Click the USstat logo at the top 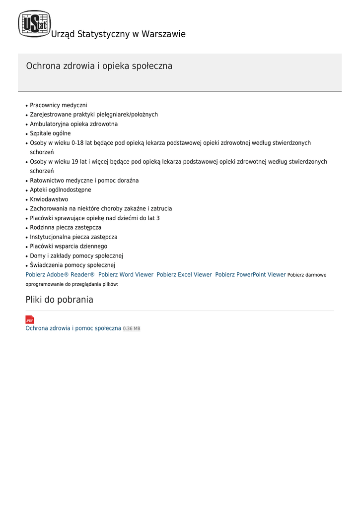pos(34,24)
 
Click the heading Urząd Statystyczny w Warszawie pos(118,34)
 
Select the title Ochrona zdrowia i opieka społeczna pos(99,66)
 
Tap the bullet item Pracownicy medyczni pos(59,105)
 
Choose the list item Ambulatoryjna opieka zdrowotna pos(74,124)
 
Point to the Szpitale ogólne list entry pos(50,133)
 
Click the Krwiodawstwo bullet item pos(49,199)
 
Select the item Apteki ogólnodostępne pos(61,190)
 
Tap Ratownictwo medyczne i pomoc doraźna pos(84,181)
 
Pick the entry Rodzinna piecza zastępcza pos(66,228)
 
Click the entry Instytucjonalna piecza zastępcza pos(73,237)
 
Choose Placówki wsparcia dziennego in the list pos(69,247)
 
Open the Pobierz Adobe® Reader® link pos(60,275)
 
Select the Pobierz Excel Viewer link pos(184,275)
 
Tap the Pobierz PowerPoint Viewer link pos(250,275)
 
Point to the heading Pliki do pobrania pos(60,300)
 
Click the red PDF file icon pos(30,320)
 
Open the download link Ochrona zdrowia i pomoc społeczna pos(73,328)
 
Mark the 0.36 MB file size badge pos(132,329)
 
